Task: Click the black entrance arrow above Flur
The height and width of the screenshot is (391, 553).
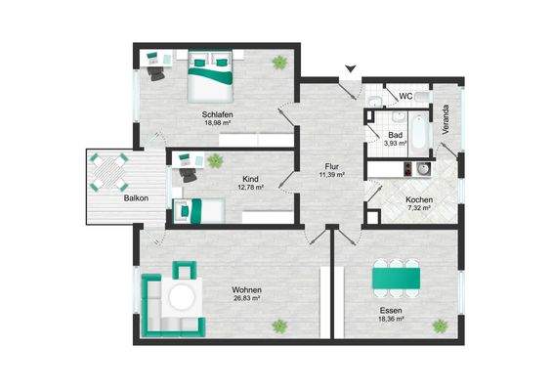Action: [x=351, y=68]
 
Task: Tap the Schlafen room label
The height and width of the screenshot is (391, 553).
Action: [x=217, y=114]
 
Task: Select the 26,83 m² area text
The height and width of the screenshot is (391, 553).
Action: [x=247, y=298]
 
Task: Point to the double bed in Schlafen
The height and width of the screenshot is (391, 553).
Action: [x=210, y=76]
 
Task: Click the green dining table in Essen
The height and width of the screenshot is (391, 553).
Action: [x=397, y=279]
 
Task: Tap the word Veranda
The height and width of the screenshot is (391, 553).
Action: [x=446, y=119]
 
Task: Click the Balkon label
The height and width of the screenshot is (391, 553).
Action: [x=136, y=198]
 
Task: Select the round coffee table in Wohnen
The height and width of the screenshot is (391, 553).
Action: [x=182, y=297]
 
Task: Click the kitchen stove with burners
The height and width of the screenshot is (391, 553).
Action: [x=408, y=169]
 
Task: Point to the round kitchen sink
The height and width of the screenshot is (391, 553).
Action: [x=422, y=169]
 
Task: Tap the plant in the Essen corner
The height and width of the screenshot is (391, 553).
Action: [x=440, y=326]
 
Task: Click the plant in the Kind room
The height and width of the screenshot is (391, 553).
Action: [x=215, y=161]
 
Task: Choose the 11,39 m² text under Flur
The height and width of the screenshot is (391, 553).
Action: [x=331, y=174]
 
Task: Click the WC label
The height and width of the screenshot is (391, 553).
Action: [x=405, y=96]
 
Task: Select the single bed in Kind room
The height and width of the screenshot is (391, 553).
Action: [x=198, y=211]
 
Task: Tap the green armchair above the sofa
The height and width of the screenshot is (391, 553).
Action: [x=184, y=270]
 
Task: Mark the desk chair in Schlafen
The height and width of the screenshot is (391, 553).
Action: [x=156, y=73]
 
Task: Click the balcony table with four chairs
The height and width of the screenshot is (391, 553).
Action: [x=108, y=172]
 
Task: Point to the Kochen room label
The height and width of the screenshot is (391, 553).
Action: [x=419, y=199]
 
